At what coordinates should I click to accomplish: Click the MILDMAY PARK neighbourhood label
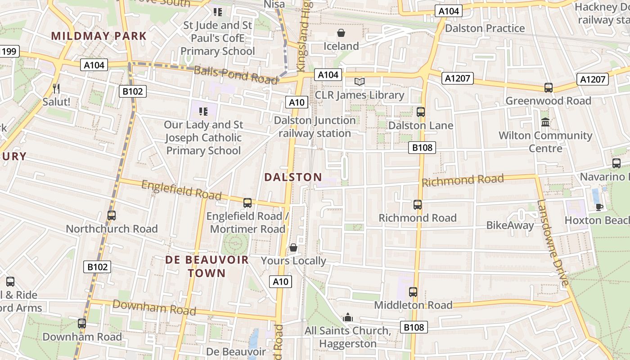pos(99,36)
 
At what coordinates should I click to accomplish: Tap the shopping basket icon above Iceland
pos(341,33)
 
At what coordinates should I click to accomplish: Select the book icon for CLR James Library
pos(359,81)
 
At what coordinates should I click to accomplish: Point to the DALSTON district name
pos(293,177)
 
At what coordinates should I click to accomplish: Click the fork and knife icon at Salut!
pos(56,88)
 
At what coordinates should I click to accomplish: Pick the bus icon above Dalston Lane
pos(421,112)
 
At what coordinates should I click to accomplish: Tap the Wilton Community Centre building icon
pos(545,122)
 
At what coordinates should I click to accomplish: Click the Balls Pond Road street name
pos(235,75)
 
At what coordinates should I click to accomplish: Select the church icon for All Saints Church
pos(347,318)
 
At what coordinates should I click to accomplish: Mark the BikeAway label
pos(510,225)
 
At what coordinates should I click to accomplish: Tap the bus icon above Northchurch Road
pos(112,216)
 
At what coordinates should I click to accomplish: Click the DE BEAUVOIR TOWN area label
pos(207,266)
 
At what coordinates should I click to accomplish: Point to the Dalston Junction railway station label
pos(315,127)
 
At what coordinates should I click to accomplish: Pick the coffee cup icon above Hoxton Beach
pos(599,207)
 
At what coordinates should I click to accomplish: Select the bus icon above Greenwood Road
pos(548,88)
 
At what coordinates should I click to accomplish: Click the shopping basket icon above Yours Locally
pos(293,247)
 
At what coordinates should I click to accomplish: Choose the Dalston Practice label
pos(485,28)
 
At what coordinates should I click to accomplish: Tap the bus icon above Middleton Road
pos(413,292)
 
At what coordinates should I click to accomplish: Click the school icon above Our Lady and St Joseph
pos(203,111)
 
